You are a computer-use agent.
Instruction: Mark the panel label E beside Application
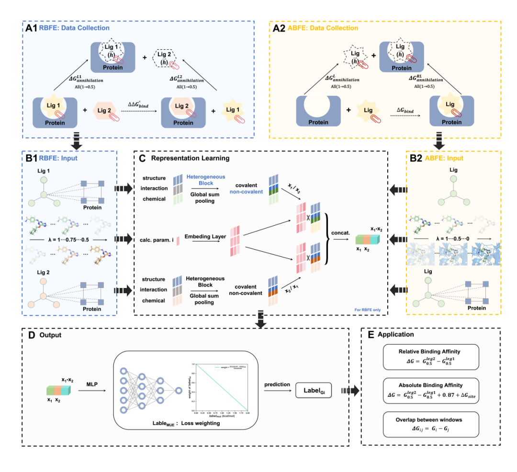tap(371, 334)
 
